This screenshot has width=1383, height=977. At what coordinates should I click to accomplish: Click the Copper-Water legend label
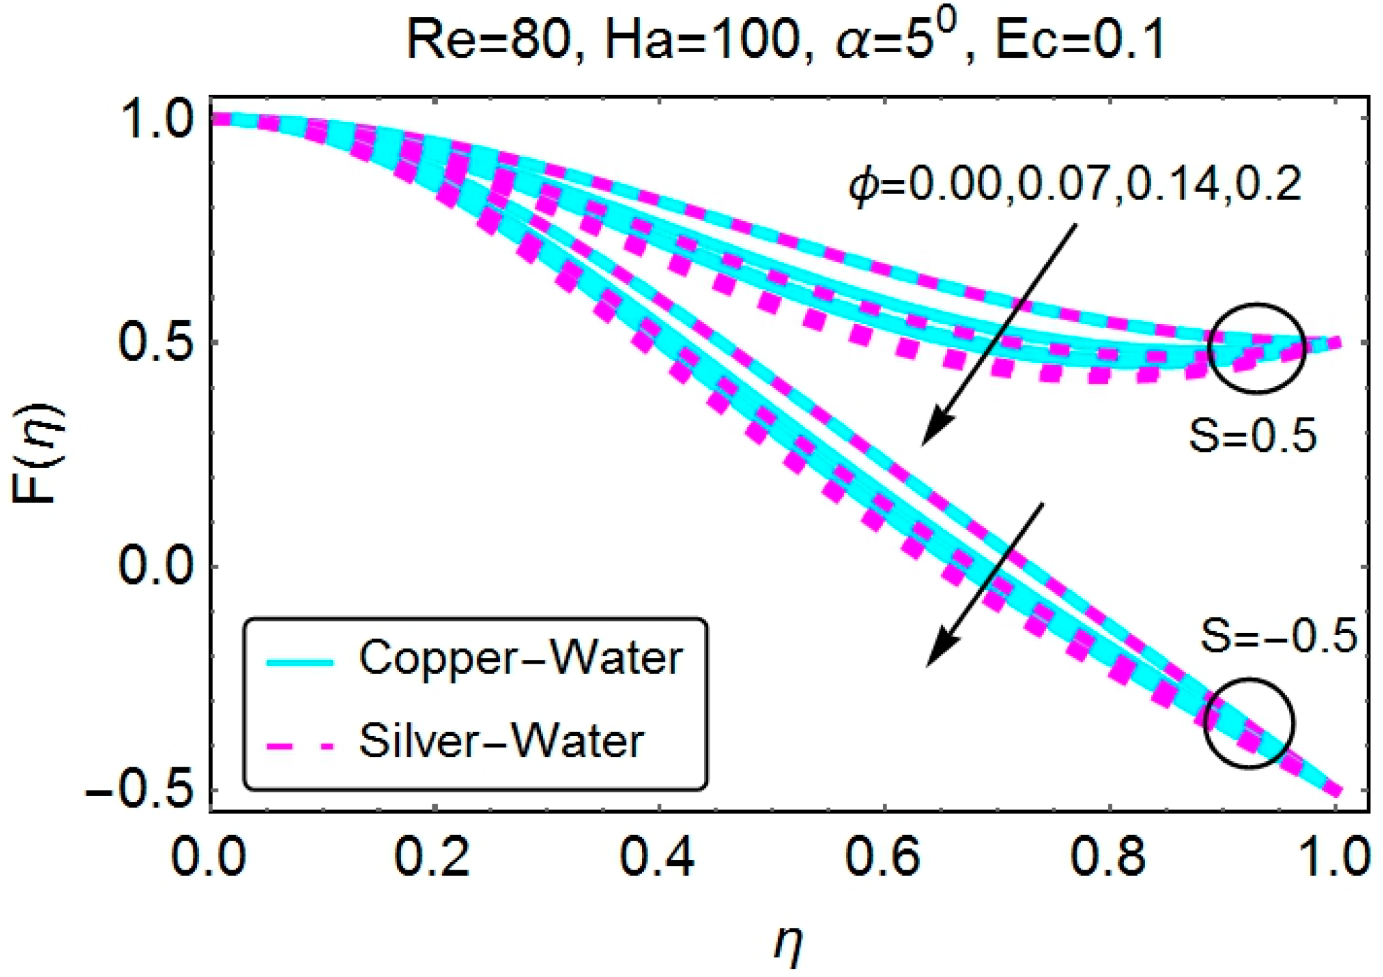click(520, 658)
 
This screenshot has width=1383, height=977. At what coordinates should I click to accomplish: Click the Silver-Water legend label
click(501, 742)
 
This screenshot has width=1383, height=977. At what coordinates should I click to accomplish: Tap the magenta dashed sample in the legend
click(299, 745)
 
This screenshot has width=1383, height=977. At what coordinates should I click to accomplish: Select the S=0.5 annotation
click(1252, 436)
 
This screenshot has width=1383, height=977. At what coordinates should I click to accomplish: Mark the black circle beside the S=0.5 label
click(1256, 348)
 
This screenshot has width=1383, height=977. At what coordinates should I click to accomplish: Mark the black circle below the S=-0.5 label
click(1249, 723)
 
